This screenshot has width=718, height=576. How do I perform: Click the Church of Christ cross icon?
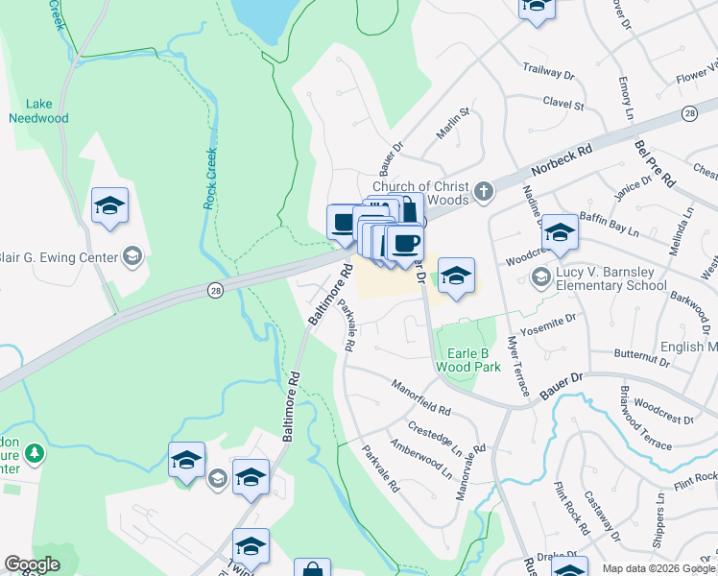point(484,190)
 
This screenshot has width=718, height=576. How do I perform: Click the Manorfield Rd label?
point(420,397)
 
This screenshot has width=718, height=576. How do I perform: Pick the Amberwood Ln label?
point(420,459)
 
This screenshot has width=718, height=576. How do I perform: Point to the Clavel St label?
point(563,103)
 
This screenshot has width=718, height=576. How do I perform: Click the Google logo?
point(32,564)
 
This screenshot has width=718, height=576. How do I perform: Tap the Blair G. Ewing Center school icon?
point(132,256)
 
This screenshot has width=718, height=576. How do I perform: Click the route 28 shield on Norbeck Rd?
point(689,113)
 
